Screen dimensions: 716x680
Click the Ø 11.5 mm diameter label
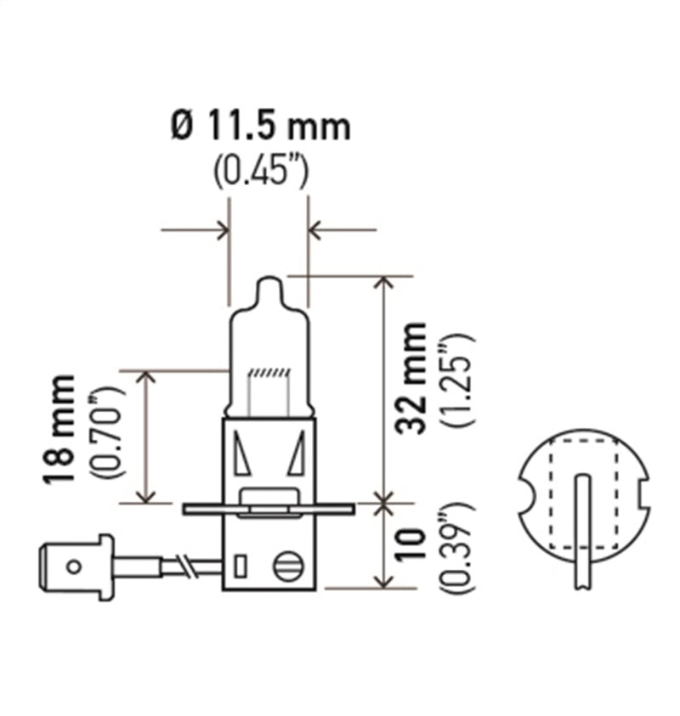pos(260,127)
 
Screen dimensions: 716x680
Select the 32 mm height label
pos(414,377)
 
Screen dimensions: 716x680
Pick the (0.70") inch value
pos(110,431)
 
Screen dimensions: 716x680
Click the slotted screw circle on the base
pos(287,567)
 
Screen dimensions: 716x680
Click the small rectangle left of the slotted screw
pos(241,567)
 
